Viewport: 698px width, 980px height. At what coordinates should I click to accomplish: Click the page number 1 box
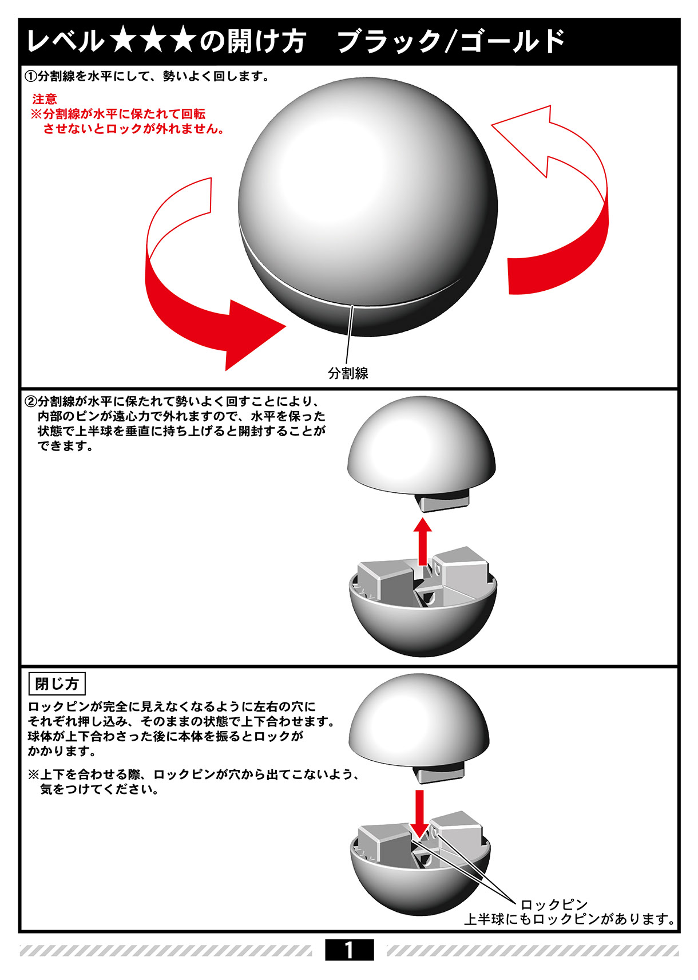(x=349, y=950)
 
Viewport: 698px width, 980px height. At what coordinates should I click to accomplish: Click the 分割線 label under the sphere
(x=348, y=373)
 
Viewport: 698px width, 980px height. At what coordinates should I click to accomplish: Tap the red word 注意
(x=45, y=99)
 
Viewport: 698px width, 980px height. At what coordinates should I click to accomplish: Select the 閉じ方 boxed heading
(x=57, y=683)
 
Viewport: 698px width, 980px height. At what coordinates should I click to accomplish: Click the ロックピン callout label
(x=554, y=904)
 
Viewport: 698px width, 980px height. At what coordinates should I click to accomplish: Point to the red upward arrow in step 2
(x=422, y=541)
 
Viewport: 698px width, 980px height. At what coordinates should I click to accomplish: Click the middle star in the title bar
(x=152, y=41)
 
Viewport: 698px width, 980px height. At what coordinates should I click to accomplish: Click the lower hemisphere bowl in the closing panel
(x=421, y=884)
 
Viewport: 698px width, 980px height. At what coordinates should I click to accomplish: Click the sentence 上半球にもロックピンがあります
(x=569, y=919)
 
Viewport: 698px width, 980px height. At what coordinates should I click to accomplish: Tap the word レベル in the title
(x=65, y=41)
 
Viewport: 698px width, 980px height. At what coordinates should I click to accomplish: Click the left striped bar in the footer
(x=166, y=951)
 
